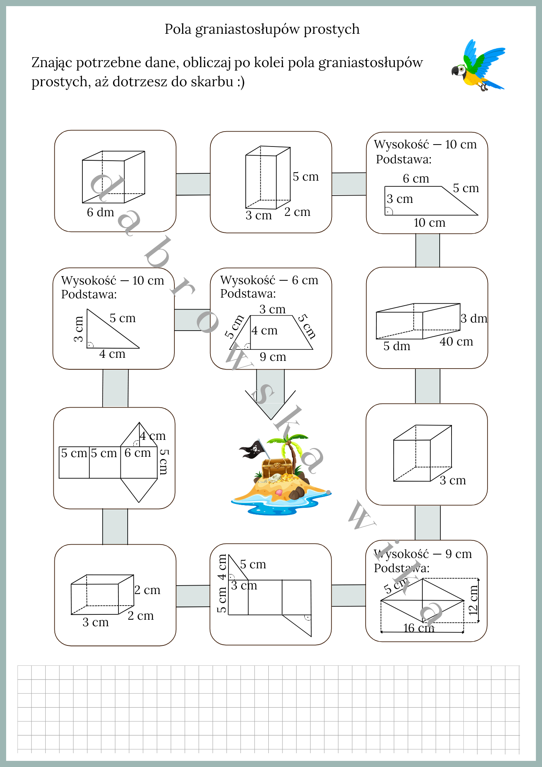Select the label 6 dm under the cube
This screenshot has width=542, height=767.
click(x=100, y=212)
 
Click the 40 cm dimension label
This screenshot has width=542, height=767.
click(x=456, y=341)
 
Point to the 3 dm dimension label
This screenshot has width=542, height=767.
click(x=474, y=318)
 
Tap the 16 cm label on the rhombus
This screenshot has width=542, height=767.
click(x=418, y=628)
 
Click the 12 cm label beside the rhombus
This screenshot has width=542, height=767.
click(x=474, y=600)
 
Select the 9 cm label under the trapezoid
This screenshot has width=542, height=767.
click(x=273, y=357)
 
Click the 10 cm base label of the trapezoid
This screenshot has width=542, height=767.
click(x=429, y=222)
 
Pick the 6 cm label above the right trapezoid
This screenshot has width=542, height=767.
click(x=416, y=178)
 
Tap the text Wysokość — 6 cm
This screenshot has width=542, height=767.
click(x=269, y=280)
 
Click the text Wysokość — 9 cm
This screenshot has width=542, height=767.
click(x=423, y=554)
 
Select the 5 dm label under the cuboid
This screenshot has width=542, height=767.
click(x=397, y=346)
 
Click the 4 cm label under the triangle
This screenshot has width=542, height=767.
click(x=112, y=354)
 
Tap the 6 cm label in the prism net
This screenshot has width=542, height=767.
click(x=138, y=453)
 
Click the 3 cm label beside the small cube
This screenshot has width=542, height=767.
click(x=453, y=480)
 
